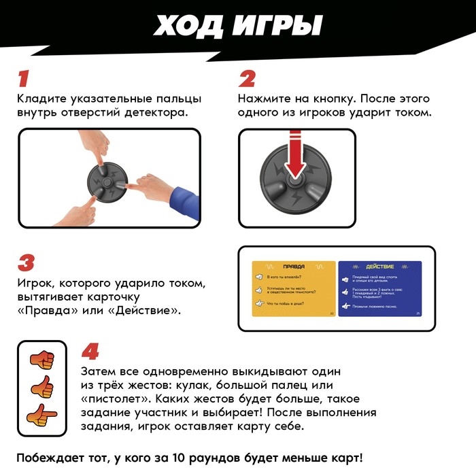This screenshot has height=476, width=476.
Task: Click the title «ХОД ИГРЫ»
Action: coord(237,26)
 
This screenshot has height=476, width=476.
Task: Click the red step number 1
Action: coord(24,78)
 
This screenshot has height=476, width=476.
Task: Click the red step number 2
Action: coord(247,78)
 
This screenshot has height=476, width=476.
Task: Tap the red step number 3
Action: coord(25,262)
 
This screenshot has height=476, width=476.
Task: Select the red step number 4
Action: coord(90,351)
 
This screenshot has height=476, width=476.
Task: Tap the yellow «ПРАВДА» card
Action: coord(294,288)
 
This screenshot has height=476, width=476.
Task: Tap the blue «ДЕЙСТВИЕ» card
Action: coord(379,288)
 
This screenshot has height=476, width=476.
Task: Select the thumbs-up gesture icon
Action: coord(42,387)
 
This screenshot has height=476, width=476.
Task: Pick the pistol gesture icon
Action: coord(42,415)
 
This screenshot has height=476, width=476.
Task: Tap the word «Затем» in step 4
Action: coord(98,372)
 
